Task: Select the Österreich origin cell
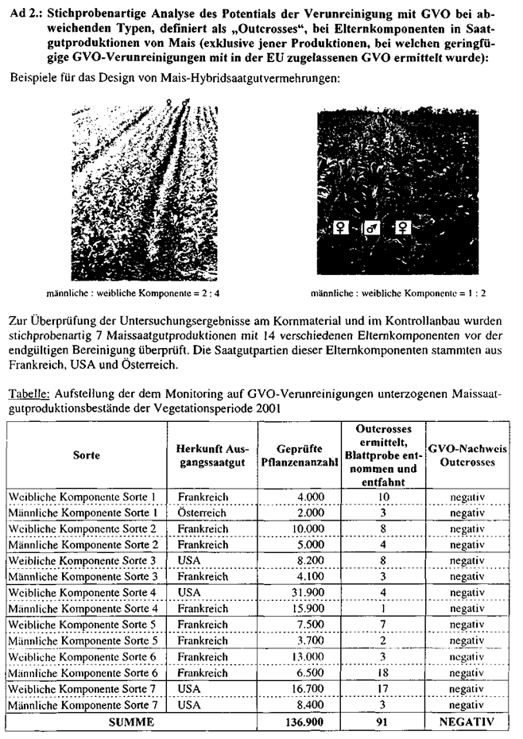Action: click(203, 513)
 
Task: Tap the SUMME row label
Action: click(86, 722)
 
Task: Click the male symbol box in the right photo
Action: click(372, 229)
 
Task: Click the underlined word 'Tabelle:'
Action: click(25, 395)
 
